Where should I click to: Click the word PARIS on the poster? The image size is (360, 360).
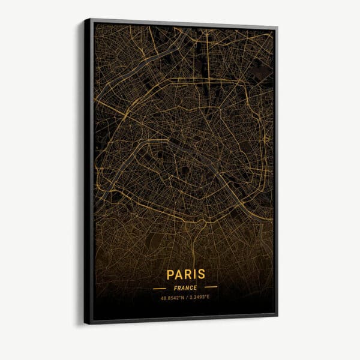pos(185,274)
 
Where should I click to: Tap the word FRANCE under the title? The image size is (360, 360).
pos(185,287)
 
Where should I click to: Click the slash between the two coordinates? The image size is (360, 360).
pos(185,297)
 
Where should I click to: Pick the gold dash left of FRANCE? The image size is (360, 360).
pos(159,288)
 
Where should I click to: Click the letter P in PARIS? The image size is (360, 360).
pos(170,274)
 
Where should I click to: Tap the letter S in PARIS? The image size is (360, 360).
pos(200,274)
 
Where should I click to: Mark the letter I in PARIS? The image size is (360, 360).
pos(193,274)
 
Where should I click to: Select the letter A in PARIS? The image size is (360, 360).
pos(178,274)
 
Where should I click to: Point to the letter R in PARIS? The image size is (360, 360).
pos(187,274)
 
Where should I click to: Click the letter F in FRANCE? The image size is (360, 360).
pos(175,287)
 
